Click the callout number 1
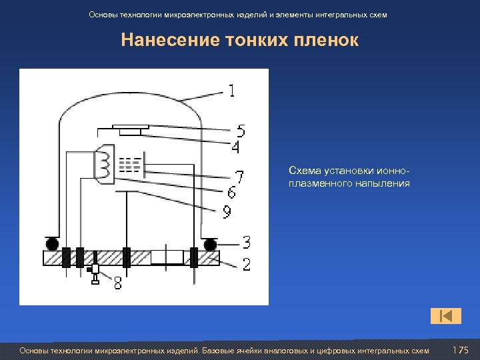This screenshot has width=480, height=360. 232,90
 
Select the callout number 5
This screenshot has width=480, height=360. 241,131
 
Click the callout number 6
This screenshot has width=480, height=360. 231,193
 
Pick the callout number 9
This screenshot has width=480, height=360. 227,213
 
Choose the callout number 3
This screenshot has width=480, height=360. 246,241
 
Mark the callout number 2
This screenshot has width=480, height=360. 246,265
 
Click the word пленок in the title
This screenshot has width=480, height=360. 326,41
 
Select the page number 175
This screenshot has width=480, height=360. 460,351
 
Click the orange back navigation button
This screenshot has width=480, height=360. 446,315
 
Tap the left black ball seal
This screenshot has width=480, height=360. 50,243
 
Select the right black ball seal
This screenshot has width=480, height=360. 210,245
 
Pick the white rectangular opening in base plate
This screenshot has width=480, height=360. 167,257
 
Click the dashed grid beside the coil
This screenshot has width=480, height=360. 130,165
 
